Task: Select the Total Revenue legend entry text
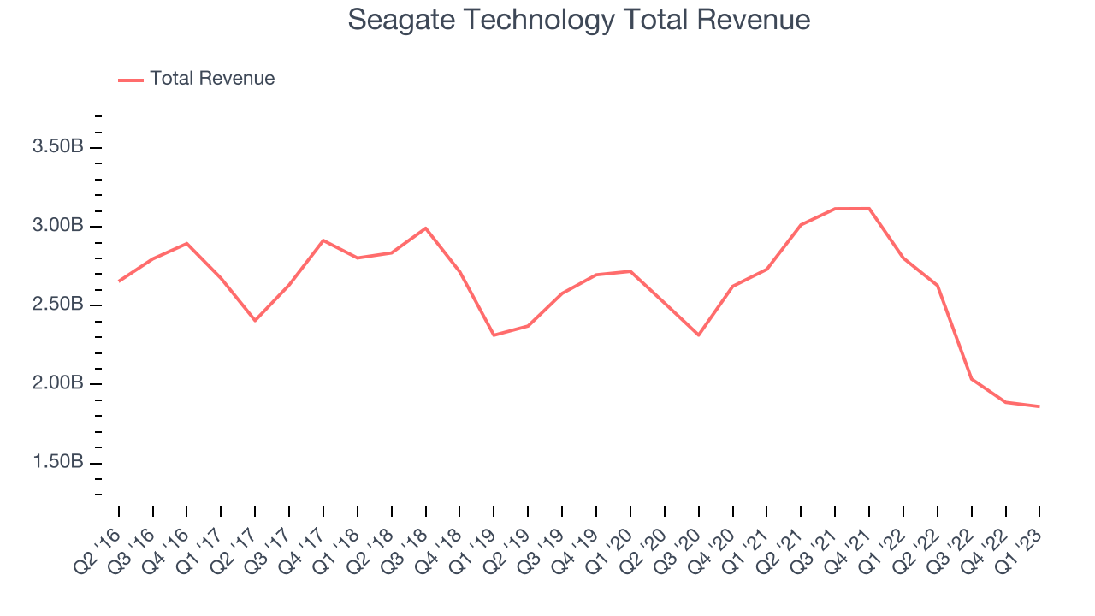(x=212, y=79)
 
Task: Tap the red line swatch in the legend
(x=131, y=80)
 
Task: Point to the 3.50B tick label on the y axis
(x=57, y=147)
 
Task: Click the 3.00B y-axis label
(x=57, y=226)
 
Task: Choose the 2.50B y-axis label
(x=57, y=305)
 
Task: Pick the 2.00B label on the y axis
(x=57, y=383)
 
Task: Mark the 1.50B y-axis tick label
(x=57, y=462)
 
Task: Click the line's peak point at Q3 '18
(x=425, y=228)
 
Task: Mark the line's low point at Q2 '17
(x=255, y=320)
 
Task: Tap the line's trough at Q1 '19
(x=494, y=335)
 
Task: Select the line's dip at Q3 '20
(x=698, y=335)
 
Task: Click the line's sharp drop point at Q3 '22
(x=972, y=378)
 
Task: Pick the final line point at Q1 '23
(x=1039, y=406)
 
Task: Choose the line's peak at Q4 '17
(x=323, y=240)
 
